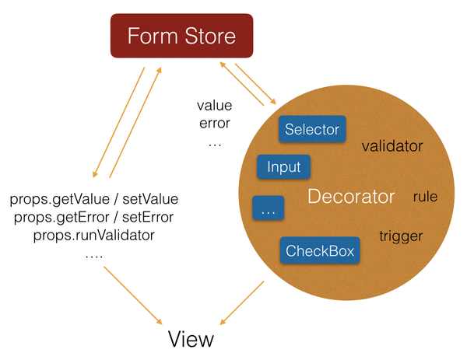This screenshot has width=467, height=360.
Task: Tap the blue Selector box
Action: point(312,129)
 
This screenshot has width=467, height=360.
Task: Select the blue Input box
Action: point(283,166)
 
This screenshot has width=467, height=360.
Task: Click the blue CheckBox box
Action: point(320,250)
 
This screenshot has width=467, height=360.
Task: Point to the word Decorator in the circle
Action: point(351,197)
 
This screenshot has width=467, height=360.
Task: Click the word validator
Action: point(392,145)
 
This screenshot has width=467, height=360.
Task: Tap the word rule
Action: point(425,197)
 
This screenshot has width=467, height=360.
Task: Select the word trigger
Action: point(400,236)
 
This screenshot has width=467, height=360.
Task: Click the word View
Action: point(191,340)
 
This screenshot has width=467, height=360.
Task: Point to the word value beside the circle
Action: point(215,106)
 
